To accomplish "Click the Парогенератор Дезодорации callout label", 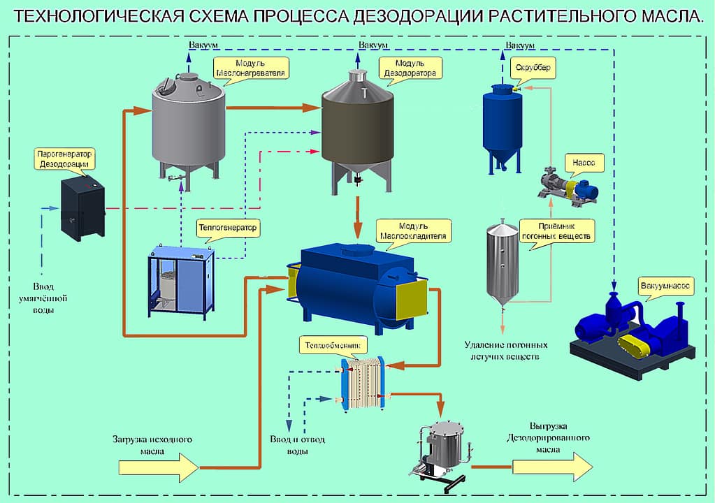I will (64, 158).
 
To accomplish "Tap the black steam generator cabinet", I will (82, 208).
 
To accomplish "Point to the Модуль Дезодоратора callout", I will (410, 68).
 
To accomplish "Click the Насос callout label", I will (584, 163).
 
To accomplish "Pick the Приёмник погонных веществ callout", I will (556, 231).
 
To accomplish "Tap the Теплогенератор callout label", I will (227, 228).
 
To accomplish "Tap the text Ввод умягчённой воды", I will (53, 298).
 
